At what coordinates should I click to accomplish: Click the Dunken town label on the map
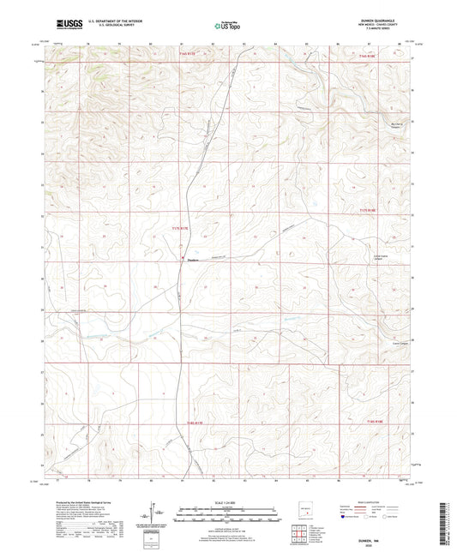193,261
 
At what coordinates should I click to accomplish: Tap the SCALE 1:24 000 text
228,501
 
